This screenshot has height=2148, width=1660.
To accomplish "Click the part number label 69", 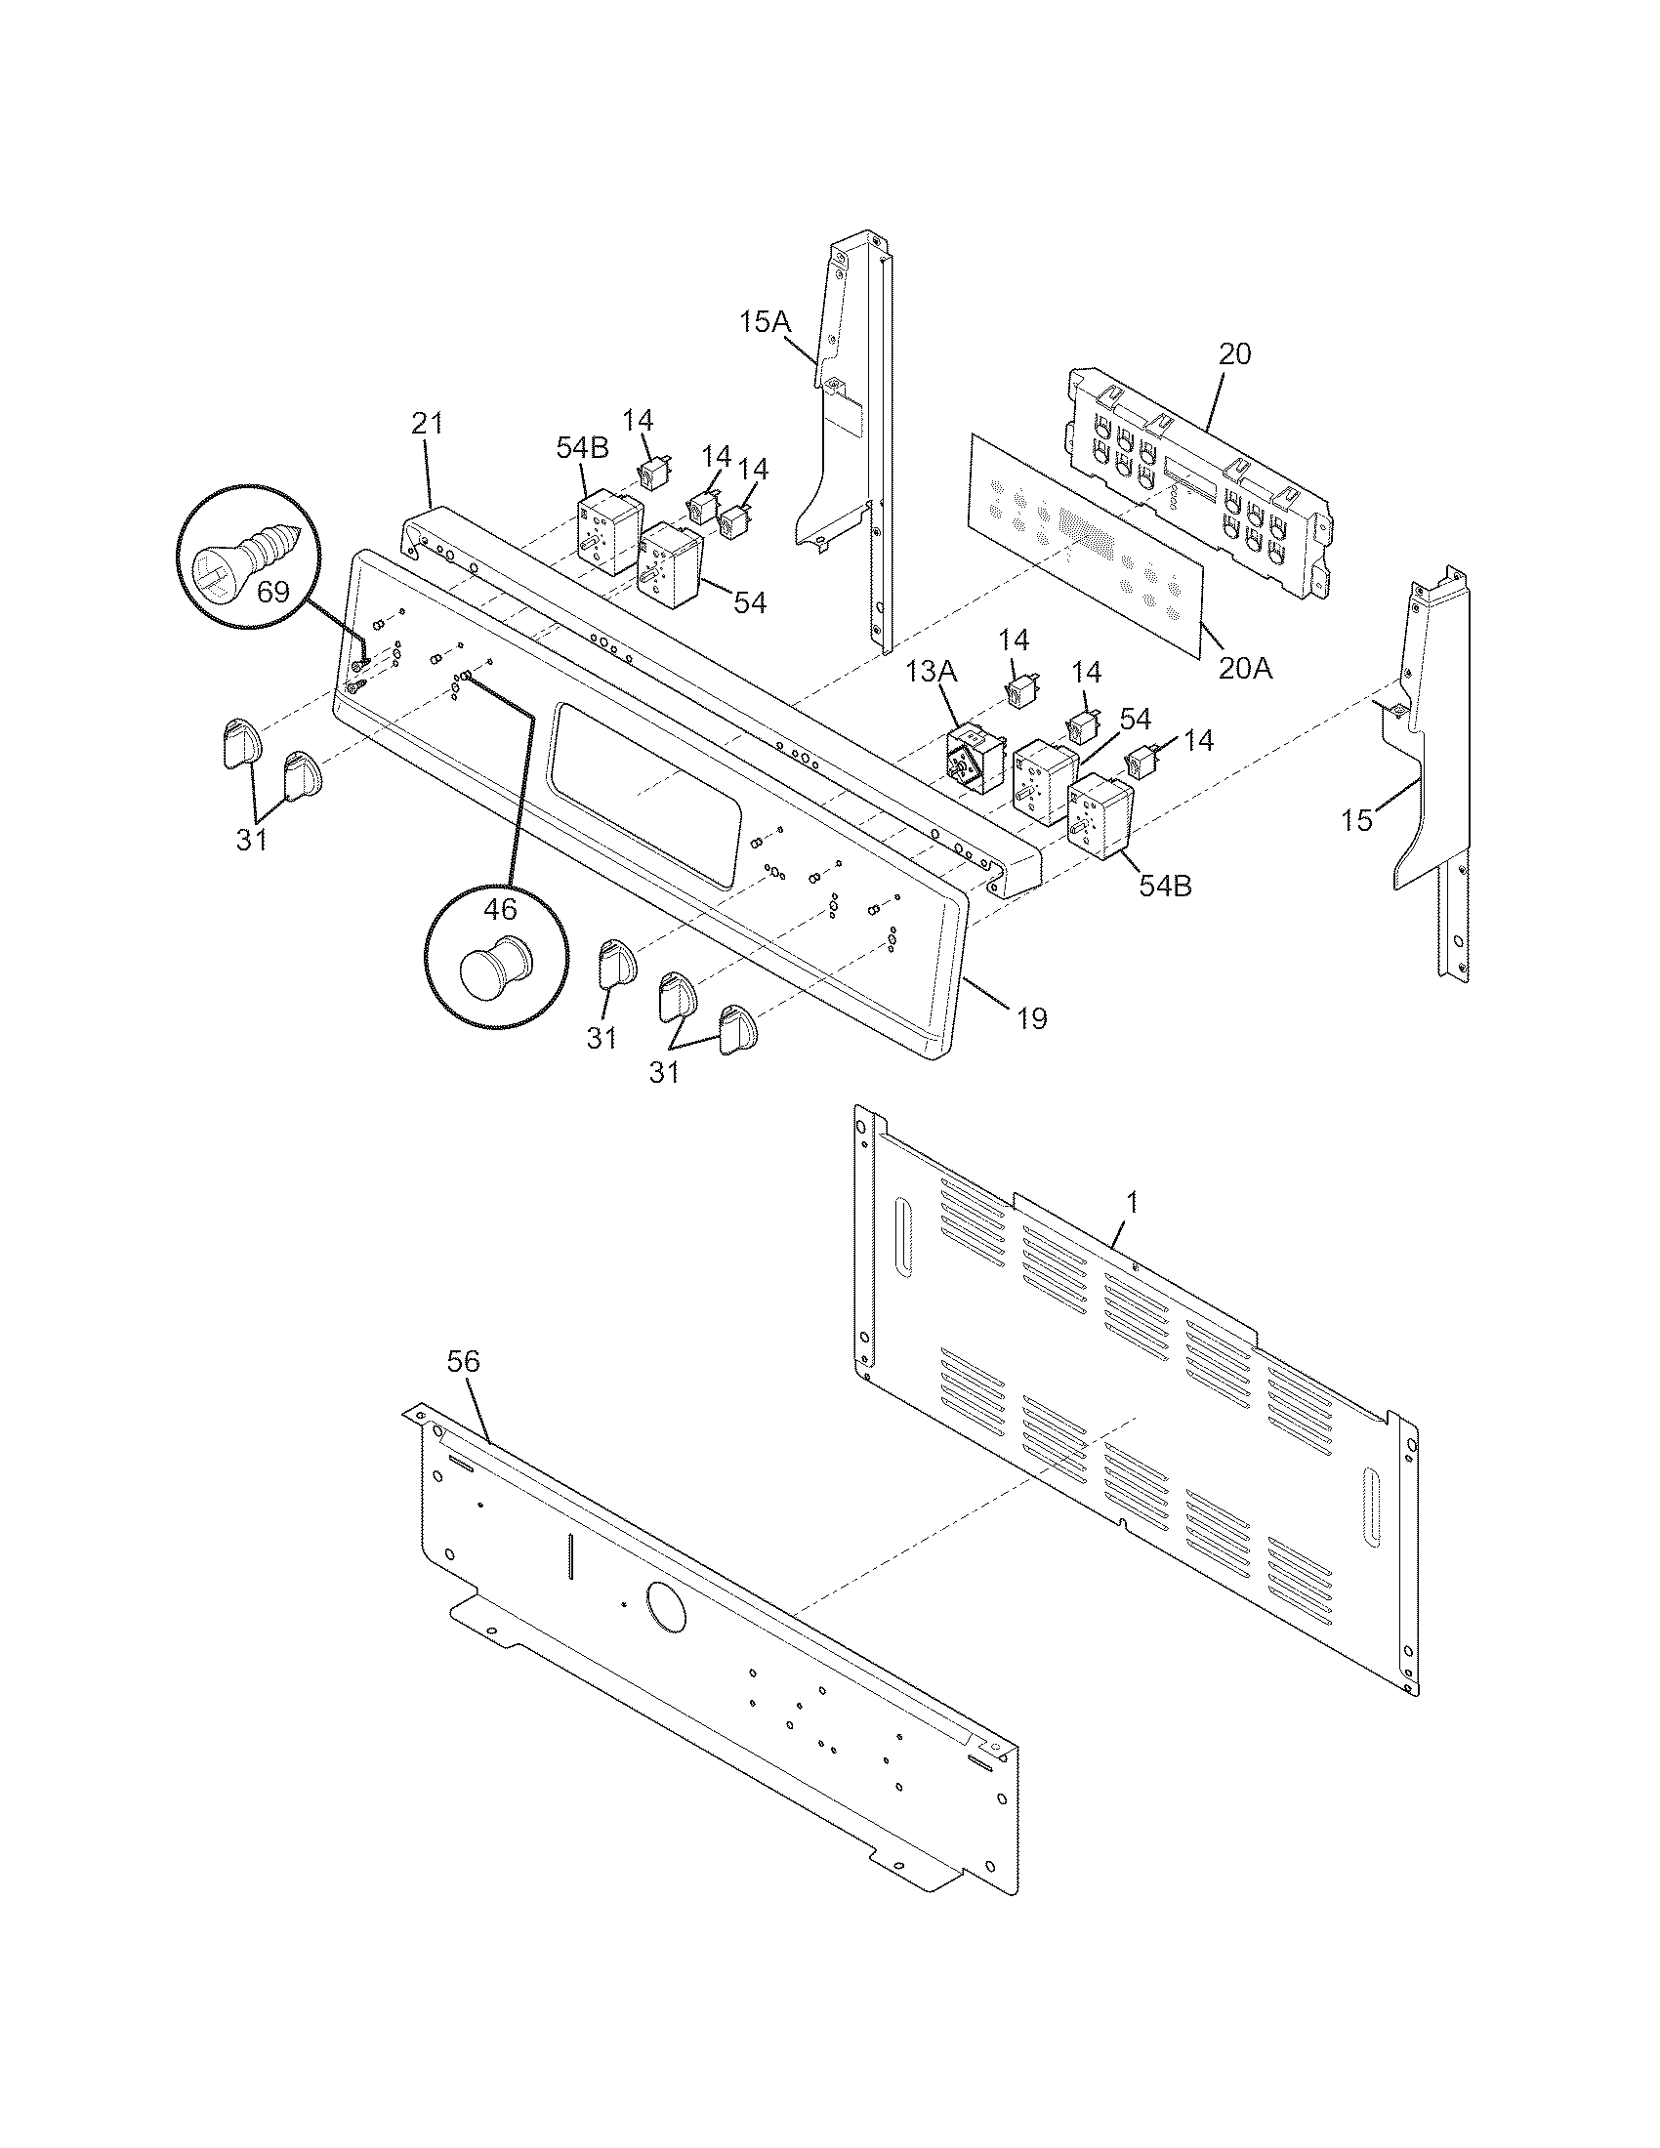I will (273, 591).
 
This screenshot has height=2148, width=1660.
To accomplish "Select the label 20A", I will (1245, 669).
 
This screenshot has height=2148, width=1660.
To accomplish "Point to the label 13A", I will (931, 672).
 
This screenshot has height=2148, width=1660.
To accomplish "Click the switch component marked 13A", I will (968, 760).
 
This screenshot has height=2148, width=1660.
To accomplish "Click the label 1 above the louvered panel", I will (1132, 1201).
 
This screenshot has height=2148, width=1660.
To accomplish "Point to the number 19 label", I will (1031, 1018).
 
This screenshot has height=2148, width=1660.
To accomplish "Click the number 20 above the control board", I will (1235, 354).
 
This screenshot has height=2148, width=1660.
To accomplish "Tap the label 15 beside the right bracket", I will (1356, 820).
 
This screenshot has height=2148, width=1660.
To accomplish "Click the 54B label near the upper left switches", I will (582, 448).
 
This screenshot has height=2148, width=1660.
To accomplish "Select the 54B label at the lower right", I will (1165, 886).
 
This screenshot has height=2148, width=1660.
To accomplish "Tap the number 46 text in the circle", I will (500, 908).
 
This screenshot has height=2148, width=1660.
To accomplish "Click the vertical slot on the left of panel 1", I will (903, 1236).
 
